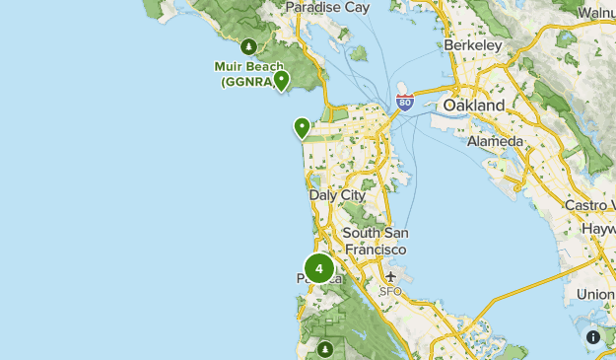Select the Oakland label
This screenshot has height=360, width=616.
tap(474, 105)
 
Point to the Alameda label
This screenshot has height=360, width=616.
tap(495, 141)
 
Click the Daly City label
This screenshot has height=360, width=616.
tap(337, 195)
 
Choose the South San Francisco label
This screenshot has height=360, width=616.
tap(375, 242)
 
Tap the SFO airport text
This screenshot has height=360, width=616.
tap(391, 292)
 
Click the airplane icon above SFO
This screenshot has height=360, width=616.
tap(392, 276)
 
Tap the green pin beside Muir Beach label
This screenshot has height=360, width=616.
tap(282, 80)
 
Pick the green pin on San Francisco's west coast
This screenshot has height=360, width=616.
tap(302, 127)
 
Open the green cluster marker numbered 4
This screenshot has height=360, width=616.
tap(319, 268)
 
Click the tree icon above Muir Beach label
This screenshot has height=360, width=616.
tap(249, 45)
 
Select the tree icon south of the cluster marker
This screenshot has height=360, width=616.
tap(325, 348)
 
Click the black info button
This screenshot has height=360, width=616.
tap(593, 337)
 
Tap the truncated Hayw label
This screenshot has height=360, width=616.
tap(596, 228)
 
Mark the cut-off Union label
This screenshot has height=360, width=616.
tap(595, 294)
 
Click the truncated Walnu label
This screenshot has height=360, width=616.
tap(596, 12)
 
